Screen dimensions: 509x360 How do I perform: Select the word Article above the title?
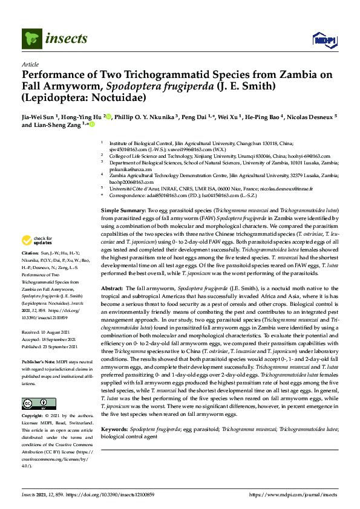click(x=30, y=63)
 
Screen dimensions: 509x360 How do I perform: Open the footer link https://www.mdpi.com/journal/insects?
click(x=293, y=494)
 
